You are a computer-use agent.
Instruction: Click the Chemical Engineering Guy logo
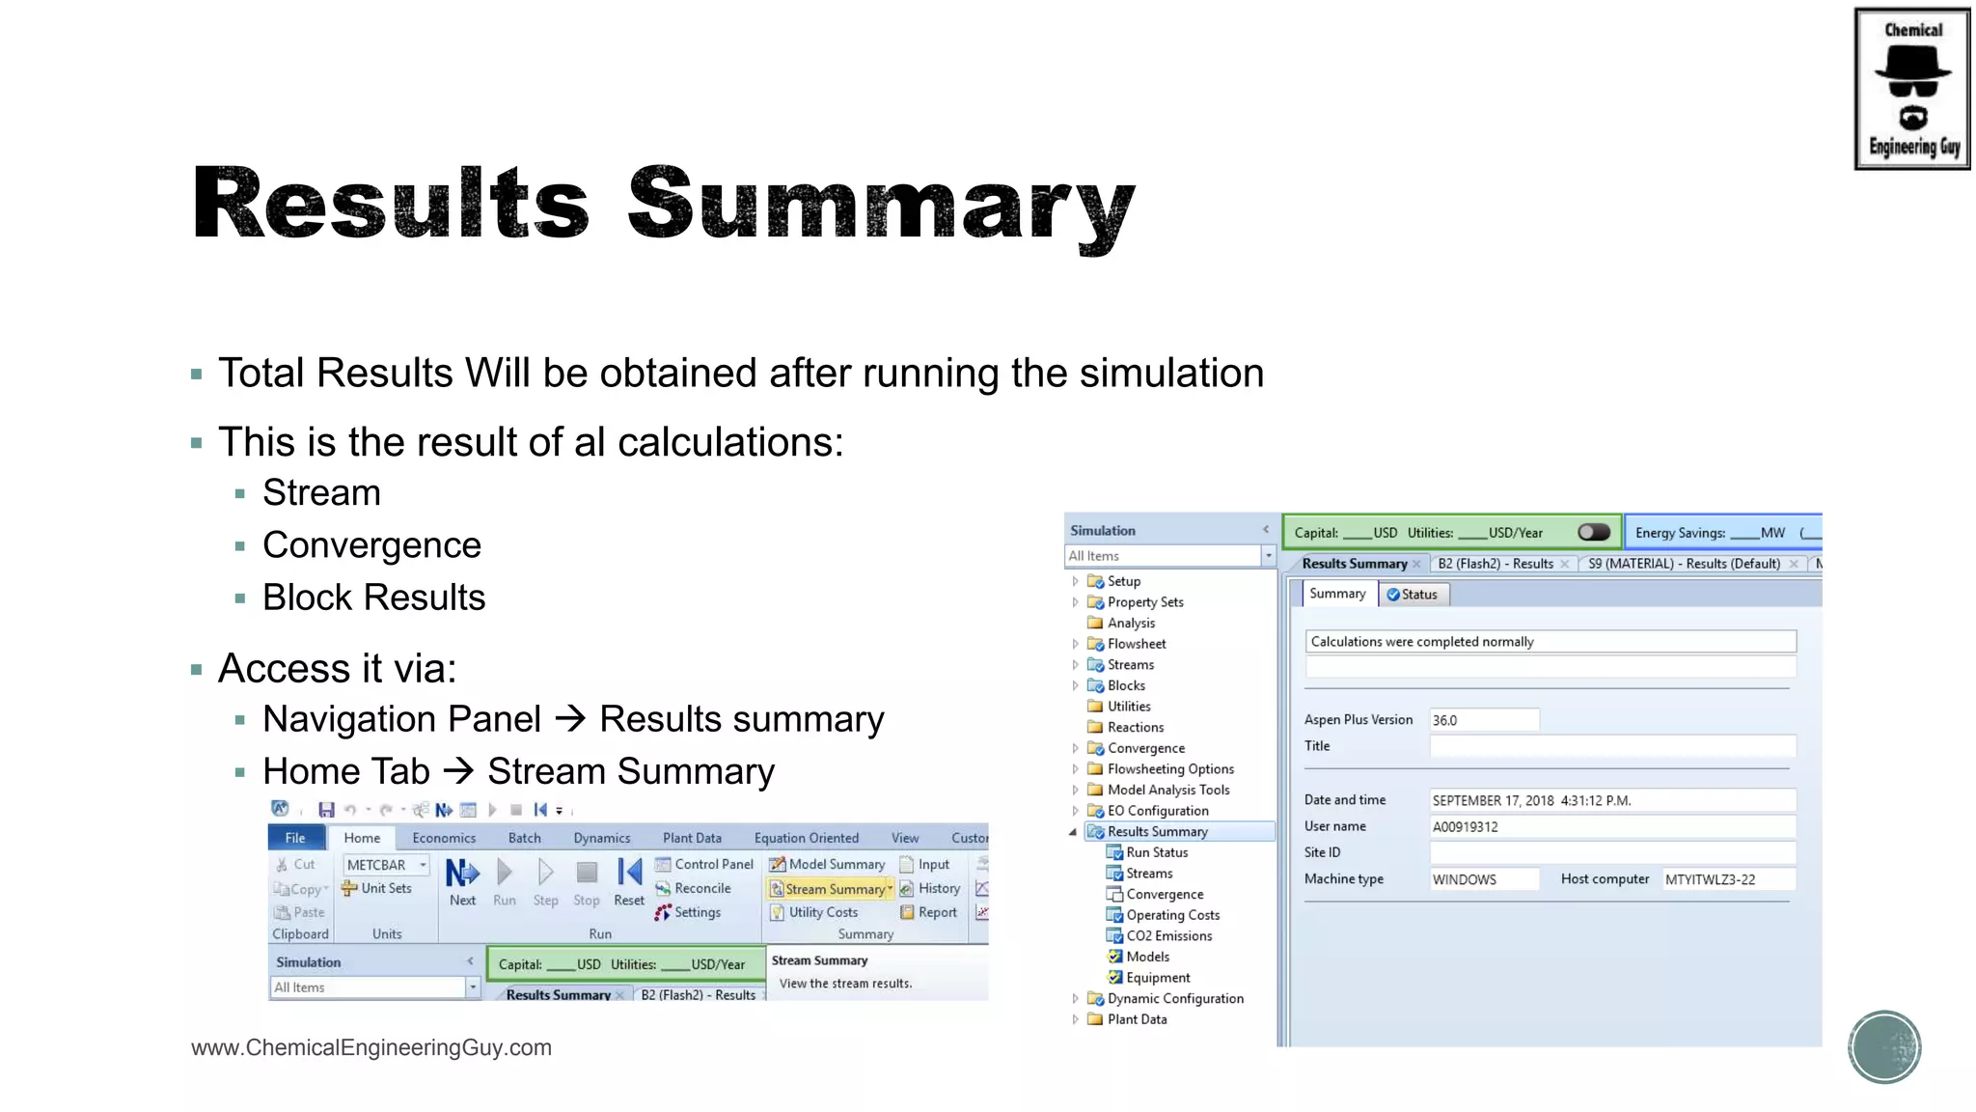(x=1911, y=89)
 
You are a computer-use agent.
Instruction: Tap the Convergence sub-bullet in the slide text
(x=371, y=545)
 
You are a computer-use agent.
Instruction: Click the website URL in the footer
(x=371, y=1047)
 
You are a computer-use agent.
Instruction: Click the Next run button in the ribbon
(x=462, y=881)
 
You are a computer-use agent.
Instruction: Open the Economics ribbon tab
(x=444, y=838)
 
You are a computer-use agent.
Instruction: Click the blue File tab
(x=295, y=838)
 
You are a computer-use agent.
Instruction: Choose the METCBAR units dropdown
(x=387, y=865)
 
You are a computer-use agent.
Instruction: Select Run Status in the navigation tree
(x=1156, y=852)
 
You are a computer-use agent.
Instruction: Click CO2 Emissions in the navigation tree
(x=1168, y=935)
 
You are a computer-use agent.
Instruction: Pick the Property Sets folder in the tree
(x=1144, y=601)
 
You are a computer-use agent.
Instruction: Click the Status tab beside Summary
(x=1413, y=595)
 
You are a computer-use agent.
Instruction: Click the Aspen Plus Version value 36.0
(x=1483, y=720)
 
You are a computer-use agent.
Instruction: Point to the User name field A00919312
(x=1611, y=826)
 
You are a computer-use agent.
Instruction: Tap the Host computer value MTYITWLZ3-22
(x=1727, y=879)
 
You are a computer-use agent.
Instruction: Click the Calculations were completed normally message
(x=1550, y=642)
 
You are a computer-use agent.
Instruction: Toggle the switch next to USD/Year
(x=1594, y=532)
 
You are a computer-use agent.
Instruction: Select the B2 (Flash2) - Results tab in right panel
(x=1496, y=564)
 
